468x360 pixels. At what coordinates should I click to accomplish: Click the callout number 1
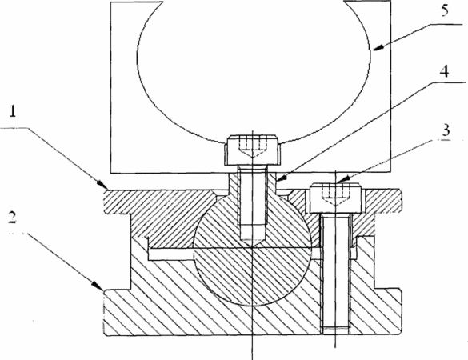pyautogui.click(x=13, y=111)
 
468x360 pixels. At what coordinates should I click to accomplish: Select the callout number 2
pyautogui.click(x=12, y=218)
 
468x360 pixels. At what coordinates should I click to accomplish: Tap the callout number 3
pyautogui.click(x=446, y=130)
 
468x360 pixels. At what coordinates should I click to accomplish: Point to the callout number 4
pyautogui.click(x=445, y=71)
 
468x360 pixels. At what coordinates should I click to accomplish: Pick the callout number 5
pyautogui.click(x=445, y=10)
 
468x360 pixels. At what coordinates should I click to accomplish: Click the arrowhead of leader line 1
pyautogui.click(x=102, y=185)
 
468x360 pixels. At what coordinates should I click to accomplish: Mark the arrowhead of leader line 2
pyautogui.click(x=99, y=286)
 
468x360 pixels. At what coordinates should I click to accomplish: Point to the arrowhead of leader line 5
pyautogui.click(x=378, y=48)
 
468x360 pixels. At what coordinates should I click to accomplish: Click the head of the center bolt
pyautogui.click(x=254, y=150)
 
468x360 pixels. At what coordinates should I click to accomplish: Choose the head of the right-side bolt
pyautogui.click(x=335, y=198)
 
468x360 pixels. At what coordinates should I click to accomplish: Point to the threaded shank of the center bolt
pyautogui.click(x=252, y=203)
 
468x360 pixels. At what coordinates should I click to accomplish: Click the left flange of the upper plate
pyautogui.click(x=117, y=202)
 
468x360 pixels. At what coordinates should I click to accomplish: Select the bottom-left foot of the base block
pyautogui.click(x=117, y=312)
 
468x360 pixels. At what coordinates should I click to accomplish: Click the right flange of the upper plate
pyautogui.click(x=387, y=201)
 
